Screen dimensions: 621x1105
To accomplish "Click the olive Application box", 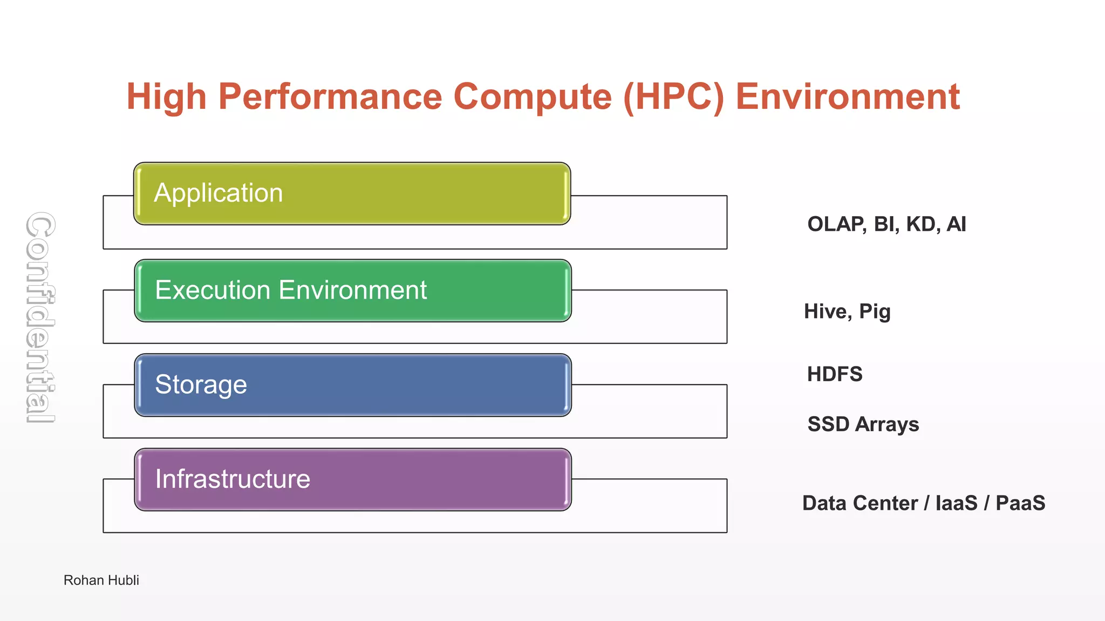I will click(x=352, y=194).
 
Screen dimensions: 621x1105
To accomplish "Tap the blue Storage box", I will click(x=352, y=385).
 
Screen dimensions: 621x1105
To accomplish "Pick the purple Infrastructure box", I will click(x=352, y=479).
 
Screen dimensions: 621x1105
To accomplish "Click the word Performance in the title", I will click(x=330, y=97).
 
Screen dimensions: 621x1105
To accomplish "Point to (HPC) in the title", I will click(x=673, y=97).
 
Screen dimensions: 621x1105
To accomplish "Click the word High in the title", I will click(x=166, y=97).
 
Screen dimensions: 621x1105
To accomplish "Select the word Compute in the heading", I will click(x=533, y=97).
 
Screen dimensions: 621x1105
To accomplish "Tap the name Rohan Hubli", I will click(x=101, y=580).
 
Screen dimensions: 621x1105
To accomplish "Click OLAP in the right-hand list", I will click(x=836, y=224).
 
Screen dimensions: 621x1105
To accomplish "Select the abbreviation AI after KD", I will click(x=956, y=224).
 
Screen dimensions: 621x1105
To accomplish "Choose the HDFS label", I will click(x=834, y=374).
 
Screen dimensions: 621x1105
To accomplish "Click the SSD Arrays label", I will click(x=863, y=424).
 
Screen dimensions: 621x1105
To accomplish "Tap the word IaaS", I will click(x=956, y=503).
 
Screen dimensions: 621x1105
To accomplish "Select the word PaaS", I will click(x=1020, y=503).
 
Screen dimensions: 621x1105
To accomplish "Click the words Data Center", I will click(x=860, y=503).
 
